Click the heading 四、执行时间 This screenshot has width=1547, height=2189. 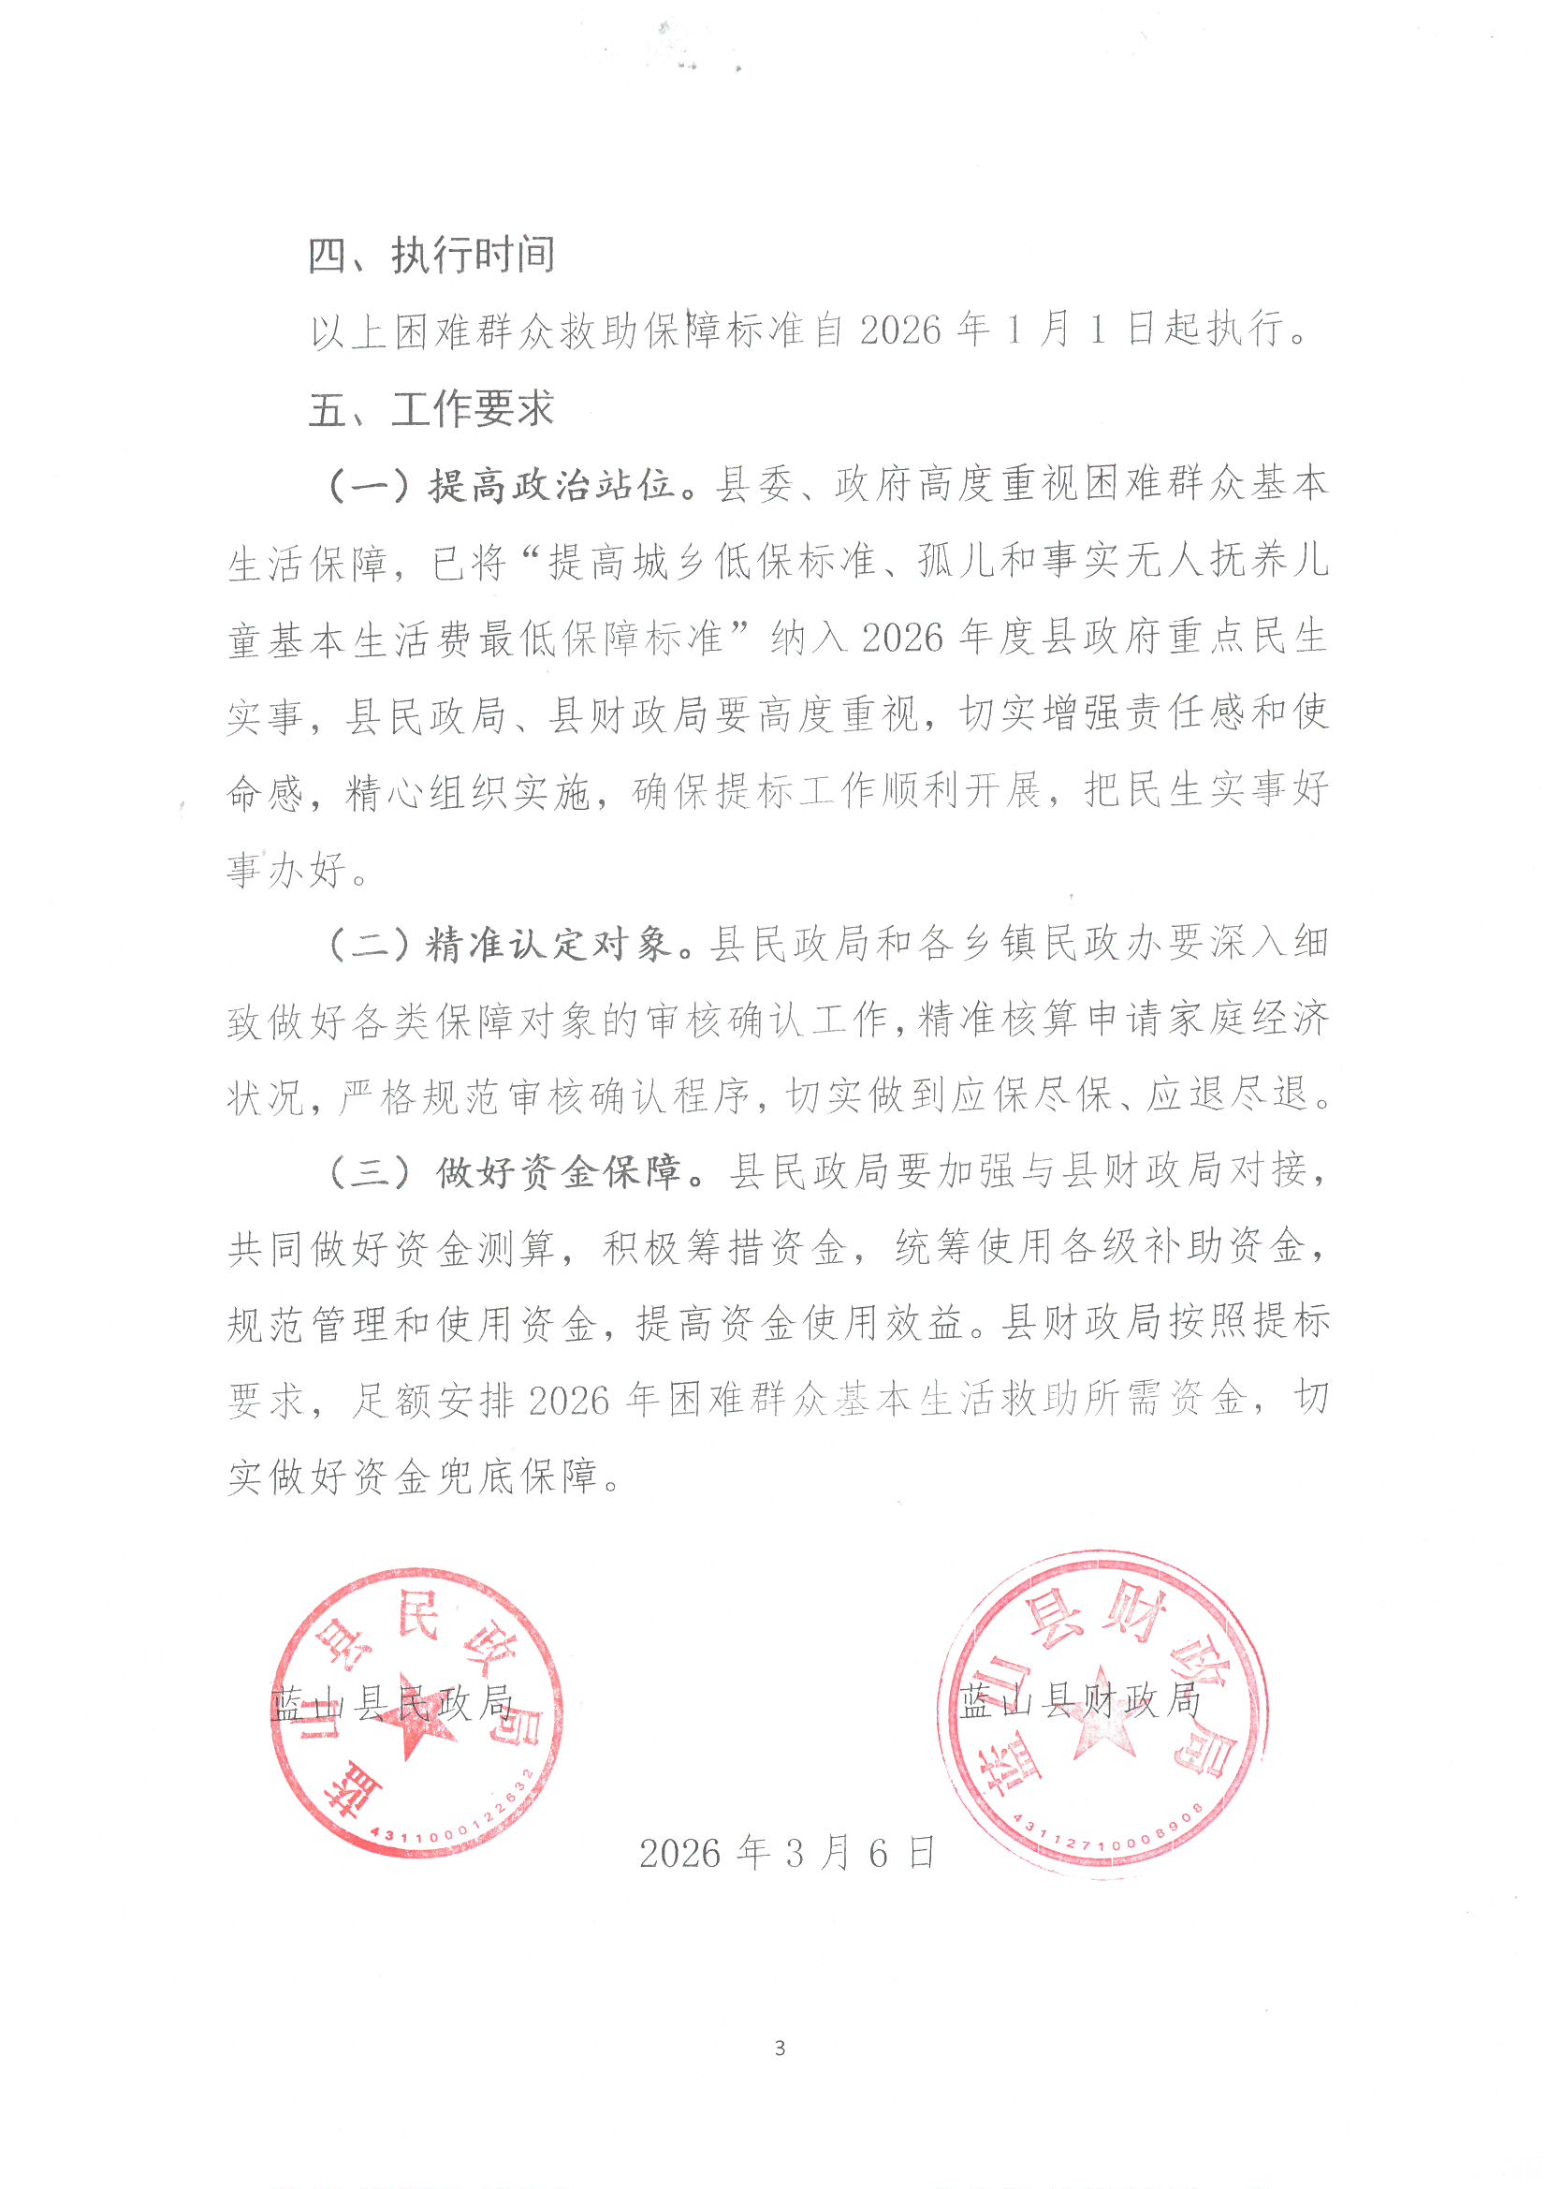pyautogui.click(x=431, y=255)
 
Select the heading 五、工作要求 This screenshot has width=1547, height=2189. pyautogui.click(x=431, y=409)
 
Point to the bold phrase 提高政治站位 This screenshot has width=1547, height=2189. pyautogui.click(x=552, y=485)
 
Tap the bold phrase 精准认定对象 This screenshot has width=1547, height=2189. pyautogui.click(x=550, y=944)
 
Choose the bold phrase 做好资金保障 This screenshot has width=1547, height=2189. pyautogui.click(x=560, y=1172)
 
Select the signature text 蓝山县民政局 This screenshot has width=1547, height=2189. pyautogui.click(x=392, y=1705)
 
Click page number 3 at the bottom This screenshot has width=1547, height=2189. pyautogui.click(x=780, y=2048)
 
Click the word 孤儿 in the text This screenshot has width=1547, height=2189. pyautogui.click(x=939, y=562)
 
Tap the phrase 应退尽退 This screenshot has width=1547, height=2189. pyautogui.click(x=1227, y=1096)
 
